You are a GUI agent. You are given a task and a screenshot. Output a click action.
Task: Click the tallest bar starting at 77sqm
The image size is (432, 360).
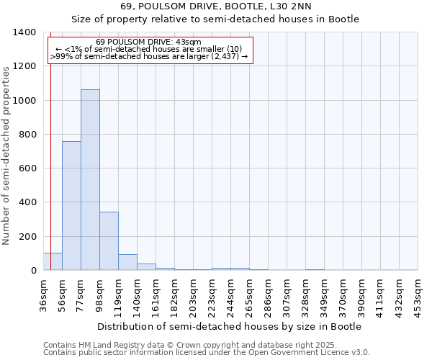pyautogui.click(x=90, y=180)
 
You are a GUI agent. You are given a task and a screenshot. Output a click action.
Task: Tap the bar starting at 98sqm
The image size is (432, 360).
pyautogui.click(x=109, y=241)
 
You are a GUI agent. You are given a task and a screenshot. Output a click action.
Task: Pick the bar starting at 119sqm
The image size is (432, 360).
pyautogui.click(x=127, y=262)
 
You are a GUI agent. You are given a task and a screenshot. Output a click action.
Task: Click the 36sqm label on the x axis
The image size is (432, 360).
pyautogui.click(x=44, y=292)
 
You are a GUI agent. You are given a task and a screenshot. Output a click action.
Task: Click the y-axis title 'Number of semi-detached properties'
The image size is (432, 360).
pyautogui.click(x=7, y=155)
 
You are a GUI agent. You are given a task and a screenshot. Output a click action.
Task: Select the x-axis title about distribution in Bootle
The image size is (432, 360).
pyautogui.click(x=230, y=326)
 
